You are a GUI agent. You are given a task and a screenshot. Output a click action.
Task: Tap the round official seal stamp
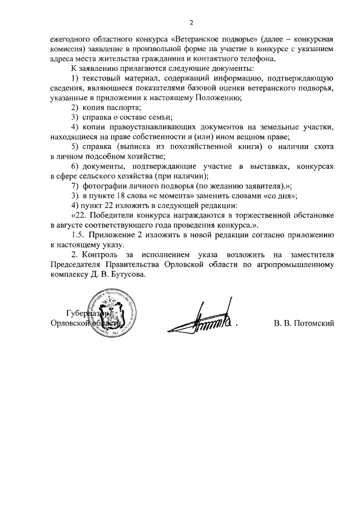[115, 313]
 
